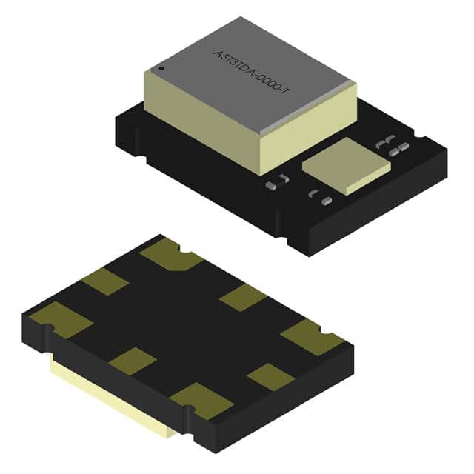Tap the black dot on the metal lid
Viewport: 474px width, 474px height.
point(161,70)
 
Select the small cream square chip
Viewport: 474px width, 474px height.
point(347,168)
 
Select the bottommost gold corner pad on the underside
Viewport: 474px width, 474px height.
point(201,400)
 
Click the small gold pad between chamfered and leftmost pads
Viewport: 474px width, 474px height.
point(105,281)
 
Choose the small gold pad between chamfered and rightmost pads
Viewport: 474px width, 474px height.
point(244,297)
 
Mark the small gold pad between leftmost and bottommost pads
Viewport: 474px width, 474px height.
point(133,360)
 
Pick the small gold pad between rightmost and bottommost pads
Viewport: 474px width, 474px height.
point(270,377)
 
